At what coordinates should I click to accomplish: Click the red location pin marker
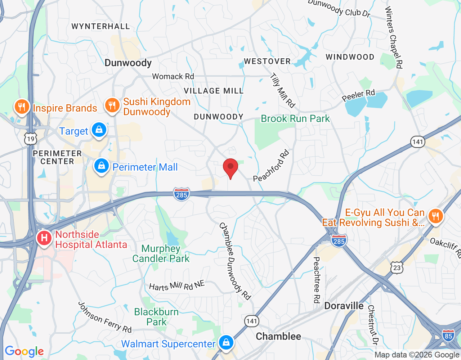230,168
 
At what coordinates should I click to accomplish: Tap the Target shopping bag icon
99,130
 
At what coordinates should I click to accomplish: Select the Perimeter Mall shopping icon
102,166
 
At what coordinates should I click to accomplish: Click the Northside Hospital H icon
44,238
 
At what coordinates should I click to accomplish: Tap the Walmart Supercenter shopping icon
226,343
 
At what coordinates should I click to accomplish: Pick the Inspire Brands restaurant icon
22,107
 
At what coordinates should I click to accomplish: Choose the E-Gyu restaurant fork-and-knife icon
435,216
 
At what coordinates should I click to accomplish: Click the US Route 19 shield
31,139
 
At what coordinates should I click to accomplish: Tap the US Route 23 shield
397,267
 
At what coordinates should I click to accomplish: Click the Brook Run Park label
295,119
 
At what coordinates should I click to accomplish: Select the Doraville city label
344,306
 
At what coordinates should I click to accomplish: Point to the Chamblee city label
278,337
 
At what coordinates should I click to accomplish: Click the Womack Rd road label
173,76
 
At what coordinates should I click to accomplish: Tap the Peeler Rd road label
358,95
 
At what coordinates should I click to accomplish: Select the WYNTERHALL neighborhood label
100,27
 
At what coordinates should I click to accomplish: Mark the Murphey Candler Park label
161,253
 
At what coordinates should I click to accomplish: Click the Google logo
24,351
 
